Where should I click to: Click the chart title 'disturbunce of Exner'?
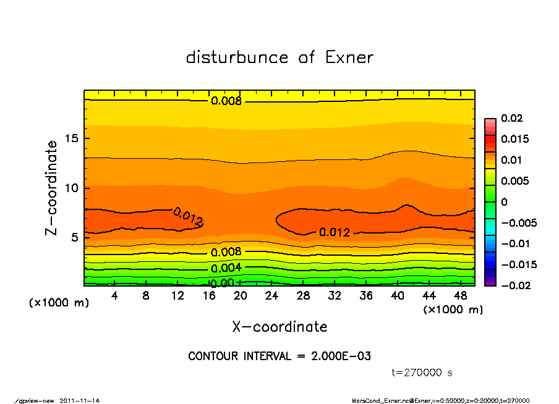279,57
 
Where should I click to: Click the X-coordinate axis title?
279,326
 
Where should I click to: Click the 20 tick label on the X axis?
241,296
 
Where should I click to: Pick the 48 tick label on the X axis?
461,296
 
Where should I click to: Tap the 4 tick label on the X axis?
114,296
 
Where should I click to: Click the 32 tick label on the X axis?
335,296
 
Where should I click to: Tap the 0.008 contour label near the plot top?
226,101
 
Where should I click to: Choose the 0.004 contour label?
226,268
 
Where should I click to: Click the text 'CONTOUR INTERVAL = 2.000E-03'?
279,356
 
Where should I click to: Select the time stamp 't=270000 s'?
422,372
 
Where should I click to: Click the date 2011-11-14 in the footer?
80,400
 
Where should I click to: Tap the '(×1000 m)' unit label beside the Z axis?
56,303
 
